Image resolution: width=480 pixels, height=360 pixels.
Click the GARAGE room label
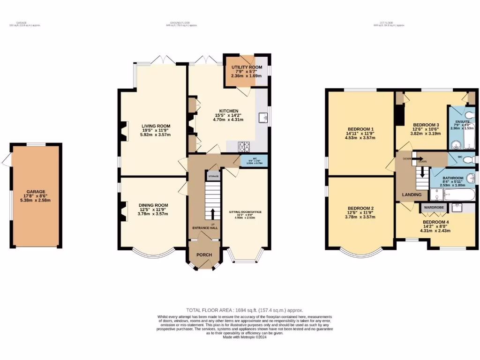coord(36,192)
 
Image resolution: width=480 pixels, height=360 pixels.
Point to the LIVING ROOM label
coord(156,126)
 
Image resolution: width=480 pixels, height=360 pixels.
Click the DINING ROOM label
coord(153,205)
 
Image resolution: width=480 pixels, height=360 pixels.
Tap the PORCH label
coord(204,255)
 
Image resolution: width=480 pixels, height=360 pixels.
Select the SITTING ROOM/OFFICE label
coord(245,212)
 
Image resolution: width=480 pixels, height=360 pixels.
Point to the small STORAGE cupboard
coord(213,176)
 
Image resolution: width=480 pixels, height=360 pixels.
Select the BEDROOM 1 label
coord(360,129)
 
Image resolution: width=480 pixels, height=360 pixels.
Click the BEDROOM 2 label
coord(360,208)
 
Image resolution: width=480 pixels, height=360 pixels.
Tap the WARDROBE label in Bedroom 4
coord(434,207)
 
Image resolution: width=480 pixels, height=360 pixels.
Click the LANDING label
coord(411,195)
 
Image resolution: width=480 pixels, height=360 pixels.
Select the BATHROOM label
coord(453,178)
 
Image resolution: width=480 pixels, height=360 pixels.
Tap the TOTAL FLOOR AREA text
coord(245,310)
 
